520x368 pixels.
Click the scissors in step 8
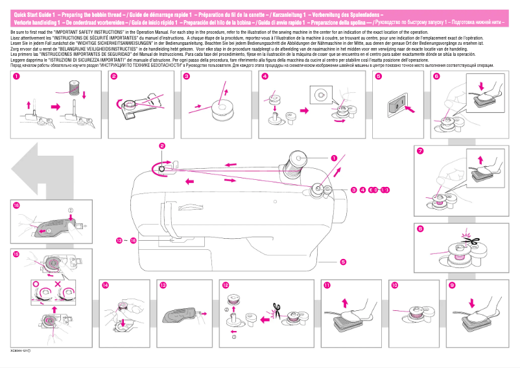471,239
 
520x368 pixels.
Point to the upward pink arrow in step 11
344,302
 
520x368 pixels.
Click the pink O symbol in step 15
36,284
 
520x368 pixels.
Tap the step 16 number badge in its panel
16,204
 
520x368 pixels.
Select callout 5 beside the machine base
342,262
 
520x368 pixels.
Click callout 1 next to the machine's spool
334,157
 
